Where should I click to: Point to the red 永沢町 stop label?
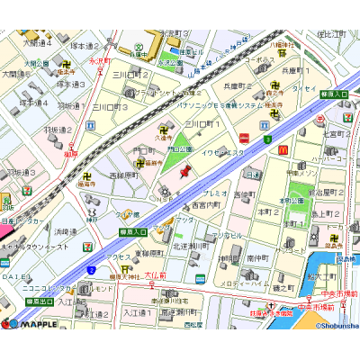pyautogui.click(x=99, y=61)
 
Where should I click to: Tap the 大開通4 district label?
pyautogui.click(x=37, y=42)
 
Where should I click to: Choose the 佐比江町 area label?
pyautogui.click(x=333, y=34)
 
